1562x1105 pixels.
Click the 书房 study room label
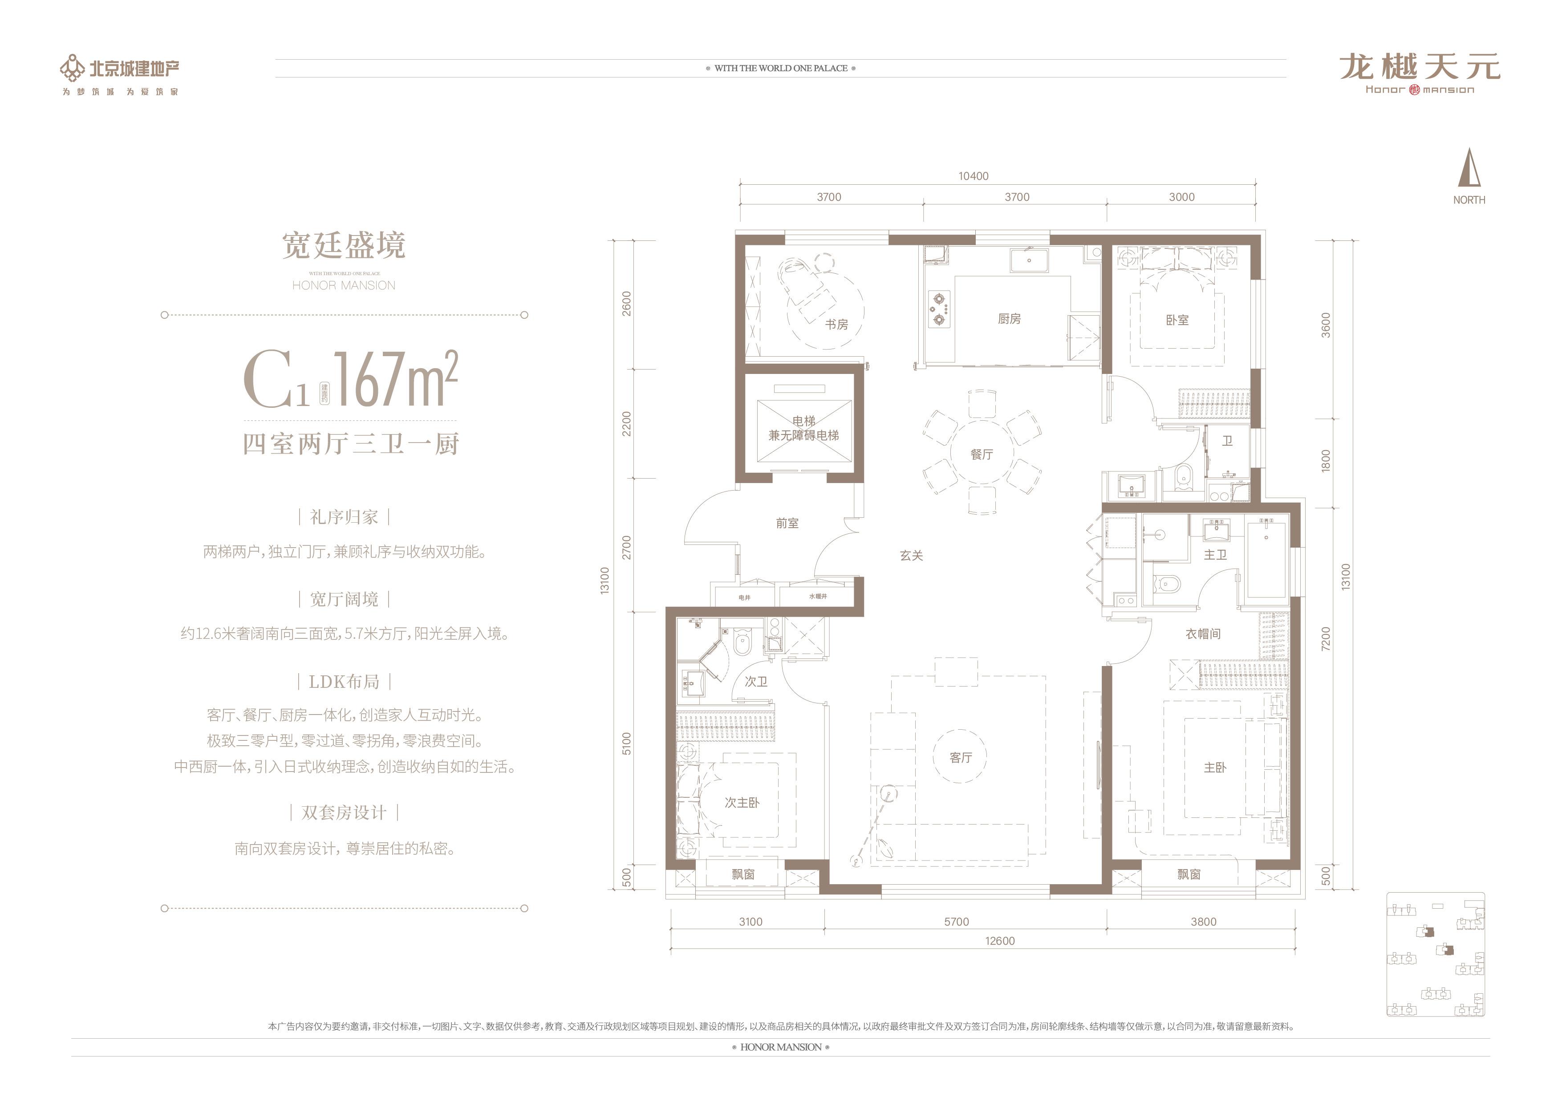coord(836,325)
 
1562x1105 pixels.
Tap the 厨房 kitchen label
coord(1009,318)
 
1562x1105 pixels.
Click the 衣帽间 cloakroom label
coord(1203,634)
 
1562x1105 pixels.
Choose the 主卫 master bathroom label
coord(1215,555)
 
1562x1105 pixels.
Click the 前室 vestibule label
coord(787,523)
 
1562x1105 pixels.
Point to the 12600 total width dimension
coord(999,941)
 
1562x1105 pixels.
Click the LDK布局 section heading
coord(344,682)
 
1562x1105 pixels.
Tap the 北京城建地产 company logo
coord(121,68)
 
